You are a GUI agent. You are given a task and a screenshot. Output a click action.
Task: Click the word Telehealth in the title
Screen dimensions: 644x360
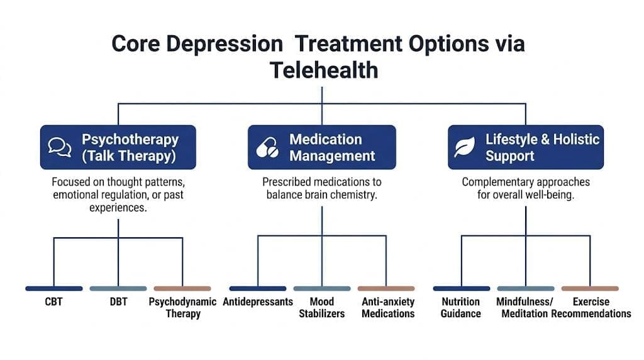coord(324,70)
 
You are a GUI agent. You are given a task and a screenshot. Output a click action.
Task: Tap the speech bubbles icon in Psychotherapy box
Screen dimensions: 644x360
coord(60,147)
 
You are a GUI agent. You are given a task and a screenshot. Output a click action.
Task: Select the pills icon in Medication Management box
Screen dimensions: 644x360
coord(267,147)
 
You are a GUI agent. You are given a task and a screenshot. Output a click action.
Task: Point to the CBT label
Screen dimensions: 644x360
coord(54,302)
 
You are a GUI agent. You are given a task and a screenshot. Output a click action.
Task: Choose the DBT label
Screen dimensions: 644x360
coord(119,302)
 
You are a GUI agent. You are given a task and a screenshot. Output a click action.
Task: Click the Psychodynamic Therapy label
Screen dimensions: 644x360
coord(183,308)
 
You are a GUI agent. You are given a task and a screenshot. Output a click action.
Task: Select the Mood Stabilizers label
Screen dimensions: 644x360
coord(322,308)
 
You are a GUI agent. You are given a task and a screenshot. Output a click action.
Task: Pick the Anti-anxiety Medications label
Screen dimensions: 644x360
coord(388,308)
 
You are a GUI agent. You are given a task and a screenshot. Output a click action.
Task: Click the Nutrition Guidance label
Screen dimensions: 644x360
coord(461,308)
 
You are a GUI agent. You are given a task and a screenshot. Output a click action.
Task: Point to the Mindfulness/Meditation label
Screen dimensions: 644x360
coord(526,308)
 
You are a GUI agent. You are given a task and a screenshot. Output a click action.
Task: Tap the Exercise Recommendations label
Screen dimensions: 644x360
coord(591,308)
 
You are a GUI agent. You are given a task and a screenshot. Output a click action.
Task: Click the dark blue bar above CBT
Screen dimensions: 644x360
coord(54,288)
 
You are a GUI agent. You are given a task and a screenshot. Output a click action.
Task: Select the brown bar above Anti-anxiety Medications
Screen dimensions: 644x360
coord(386,288)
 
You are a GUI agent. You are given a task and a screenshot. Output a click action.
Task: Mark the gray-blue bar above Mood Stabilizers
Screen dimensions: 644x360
coord(322,288)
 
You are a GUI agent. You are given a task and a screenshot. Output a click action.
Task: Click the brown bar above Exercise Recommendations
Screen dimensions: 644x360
coord(590,288)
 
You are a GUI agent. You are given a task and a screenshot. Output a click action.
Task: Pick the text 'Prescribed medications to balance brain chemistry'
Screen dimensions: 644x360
coord(322,188)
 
